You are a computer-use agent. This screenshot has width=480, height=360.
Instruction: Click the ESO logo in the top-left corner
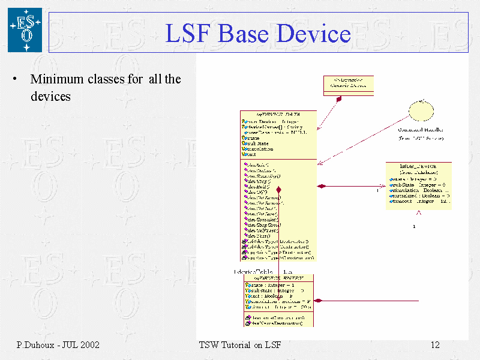[25, 29]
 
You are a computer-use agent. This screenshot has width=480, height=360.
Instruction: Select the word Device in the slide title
[313, 33]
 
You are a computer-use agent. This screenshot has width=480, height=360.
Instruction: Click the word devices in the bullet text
[50, 96]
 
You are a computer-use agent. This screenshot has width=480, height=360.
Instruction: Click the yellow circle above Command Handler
[421, 110]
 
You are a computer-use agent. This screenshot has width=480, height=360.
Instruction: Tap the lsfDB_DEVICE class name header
[418, 165]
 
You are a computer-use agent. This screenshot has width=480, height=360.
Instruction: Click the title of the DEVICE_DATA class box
[278, 114]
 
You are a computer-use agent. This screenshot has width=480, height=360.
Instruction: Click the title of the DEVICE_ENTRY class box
[278, 278]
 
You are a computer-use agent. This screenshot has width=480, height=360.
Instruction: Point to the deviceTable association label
[253, 272]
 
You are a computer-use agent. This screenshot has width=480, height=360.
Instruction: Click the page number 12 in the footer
[436, 345]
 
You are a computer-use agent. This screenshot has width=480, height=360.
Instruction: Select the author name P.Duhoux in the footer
[35, 345]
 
